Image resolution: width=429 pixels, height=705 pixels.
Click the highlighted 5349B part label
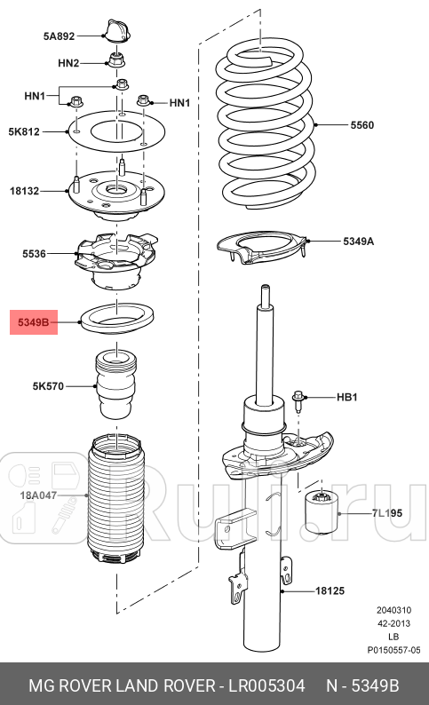pyautogui.click(x=34, y=321)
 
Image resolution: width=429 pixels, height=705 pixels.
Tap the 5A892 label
pyautogui.click(x=59, y=36)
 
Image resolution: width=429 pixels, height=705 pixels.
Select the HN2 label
pyautogui.click(x=68, y=63)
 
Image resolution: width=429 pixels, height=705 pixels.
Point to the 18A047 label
pyautogui.click(x=36, y=495)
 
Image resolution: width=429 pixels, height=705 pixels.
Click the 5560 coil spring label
pyautogui.click(x=361, y=125)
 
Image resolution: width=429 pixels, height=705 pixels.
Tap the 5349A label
pyautogui.click(x=359, y=241)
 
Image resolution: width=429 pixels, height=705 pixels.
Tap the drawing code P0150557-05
pyautogui.click(x=393, y=651)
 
